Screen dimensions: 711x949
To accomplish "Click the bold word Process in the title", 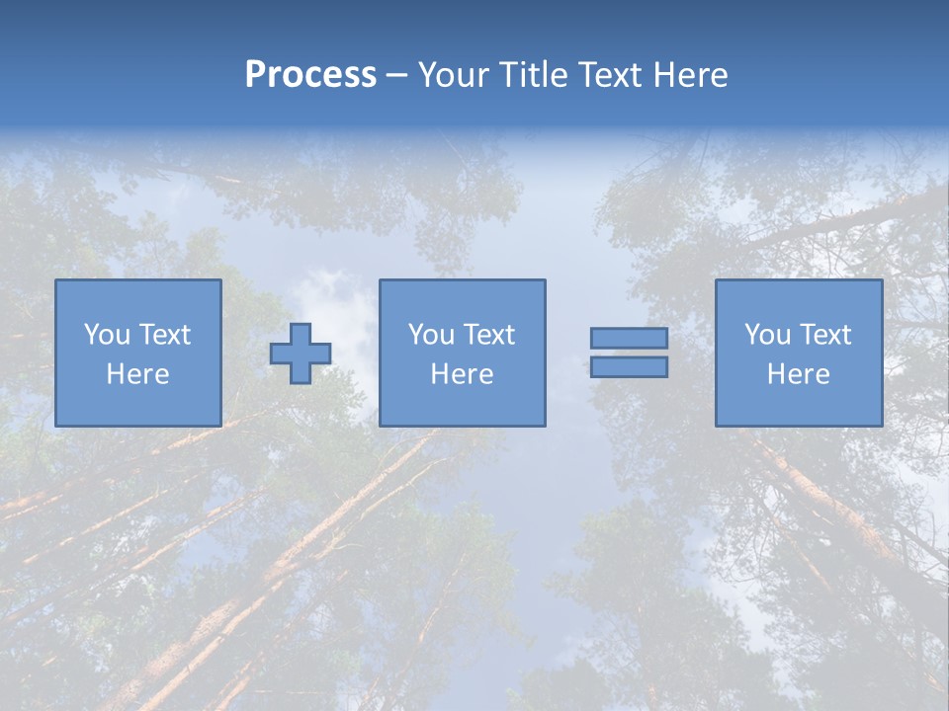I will pos(310,75).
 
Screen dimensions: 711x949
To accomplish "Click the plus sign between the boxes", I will pos(301,354).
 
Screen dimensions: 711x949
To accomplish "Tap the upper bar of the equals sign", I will pos(629,339).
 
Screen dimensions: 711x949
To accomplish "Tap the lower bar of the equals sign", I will pos(629,367).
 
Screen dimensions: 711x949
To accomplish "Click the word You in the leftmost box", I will pos(107,335).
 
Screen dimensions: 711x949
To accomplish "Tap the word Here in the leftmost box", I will pos(137,374).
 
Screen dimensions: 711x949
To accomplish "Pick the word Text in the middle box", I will pos(489,335).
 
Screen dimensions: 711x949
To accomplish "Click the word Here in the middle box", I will pos(462,374).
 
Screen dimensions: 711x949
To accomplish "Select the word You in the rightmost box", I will pos(767,335).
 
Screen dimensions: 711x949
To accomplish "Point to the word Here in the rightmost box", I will pos(798,374).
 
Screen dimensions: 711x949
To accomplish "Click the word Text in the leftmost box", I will pos(165,335).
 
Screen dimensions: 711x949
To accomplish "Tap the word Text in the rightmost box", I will pos(825,335).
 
